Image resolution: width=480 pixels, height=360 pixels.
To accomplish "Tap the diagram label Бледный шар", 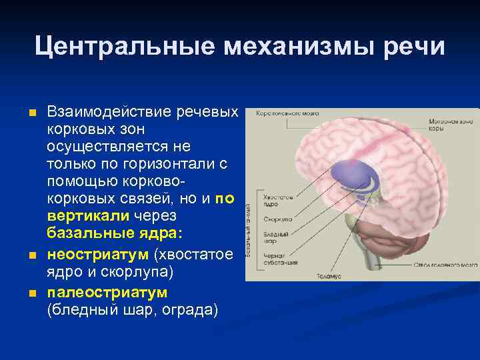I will (275, 237).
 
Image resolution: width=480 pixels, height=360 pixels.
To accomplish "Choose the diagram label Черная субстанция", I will (275, 258).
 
